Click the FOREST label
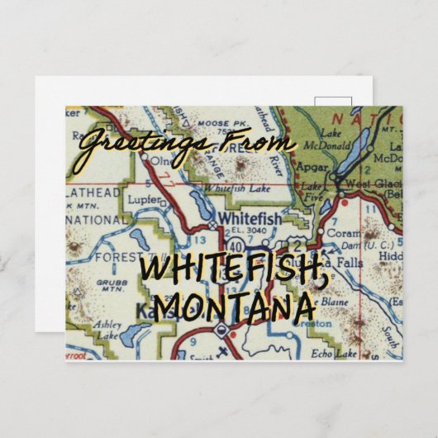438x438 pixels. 121,257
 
